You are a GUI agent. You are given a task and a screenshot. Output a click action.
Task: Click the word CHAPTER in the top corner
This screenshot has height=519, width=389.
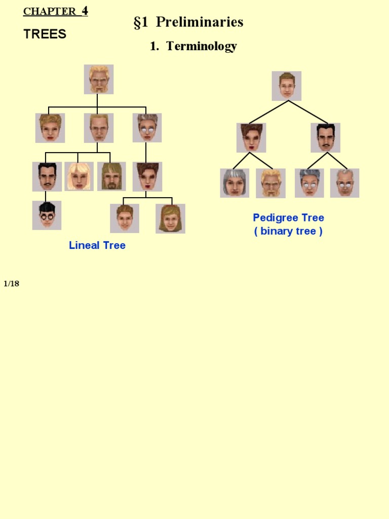pos(50,12)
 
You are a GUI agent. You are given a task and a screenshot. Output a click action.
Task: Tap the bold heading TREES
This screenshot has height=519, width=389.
pos(45,34)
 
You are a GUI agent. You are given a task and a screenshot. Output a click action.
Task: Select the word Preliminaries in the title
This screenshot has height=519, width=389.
pos(200,22)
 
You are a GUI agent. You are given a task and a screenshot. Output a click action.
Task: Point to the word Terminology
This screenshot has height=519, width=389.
pos(202,47)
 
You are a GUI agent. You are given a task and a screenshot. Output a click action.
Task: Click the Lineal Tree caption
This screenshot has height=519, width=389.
pos(97,245)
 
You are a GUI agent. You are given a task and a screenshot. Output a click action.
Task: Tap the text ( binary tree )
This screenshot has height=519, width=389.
pos(288,231)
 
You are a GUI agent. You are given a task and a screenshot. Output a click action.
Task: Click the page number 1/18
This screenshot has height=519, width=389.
pos(11,283)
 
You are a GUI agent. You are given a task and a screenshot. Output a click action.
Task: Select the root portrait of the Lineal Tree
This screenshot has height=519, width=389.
pos(99,79)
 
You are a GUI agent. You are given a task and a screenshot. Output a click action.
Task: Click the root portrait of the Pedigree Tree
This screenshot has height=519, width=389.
pos(287,86)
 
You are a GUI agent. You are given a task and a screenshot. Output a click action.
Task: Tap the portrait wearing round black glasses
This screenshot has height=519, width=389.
pos(47,215)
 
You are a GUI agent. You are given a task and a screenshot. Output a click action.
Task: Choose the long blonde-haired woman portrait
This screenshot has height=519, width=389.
pos(79,176)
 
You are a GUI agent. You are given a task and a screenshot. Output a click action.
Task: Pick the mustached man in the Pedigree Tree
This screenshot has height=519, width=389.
pos(325,137)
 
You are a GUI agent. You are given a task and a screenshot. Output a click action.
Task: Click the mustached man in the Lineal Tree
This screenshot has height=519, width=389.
pos(47,176)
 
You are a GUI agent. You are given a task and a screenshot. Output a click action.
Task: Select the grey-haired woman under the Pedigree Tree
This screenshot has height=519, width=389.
pos(235,183)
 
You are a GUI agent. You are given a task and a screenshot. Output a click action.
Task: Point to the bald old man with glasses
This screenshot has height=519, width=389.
pos(344,183)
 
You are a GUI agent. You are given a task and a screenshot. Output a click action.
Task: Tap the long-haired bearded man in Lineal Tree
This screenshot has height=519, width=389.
pos(111,176)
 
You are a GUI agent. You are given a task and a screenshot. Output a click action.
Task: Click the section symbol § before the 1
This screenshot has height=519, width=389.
pos(137,23)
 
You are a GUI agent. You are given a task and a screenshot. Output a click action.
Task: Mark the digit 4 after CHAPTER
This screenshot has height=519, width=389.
pos(85,11)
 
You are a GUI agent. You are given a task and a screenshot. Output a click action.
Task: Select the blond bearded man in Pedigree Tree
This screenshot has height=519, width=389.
pos(270,183)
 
